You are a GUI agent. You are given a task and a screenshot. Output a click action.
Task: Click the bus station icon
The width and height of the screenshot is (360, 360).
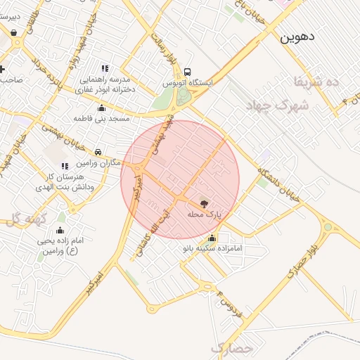pyautogui.click(x=188, y=72)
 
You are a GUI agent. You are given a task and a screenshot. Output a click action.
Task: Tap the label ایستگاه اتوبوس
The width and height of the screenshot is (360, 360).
pyautogui.click(x=188, y=83)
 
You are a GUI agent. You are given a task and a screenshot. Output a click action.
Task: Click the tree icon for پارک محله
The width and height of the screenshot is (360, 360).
pyautogui.click(x=204, y=203)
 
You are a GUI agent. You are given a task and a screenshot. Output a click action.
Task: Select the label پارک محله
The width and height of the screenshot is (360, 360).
pyautogui.click(x=204, y=213)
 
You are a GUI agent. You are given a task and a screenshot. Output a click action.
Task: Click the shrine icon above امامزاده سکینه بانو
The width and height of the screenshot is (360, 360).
pyautogui.click(x=212, y=238)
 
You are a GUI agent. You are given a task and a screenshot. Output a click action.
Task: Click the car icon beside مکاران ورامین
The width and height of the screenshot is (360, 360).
pyautogui.click(x=98, y=152)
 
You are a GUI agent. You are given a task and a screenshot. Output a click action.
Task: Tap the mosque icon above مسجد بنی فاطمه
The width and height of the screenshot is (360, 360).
pyautogui.click(x=102, y=108)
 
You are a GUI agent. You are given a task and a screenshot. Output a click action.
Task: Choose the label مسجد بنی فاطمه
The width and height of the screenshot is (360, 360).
pyautogui.click(x=102, y=119)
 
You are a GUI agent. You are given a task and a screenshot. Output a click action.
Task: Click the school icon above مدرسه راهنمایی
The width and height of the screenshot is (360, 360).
pyautogui.click(x=105, y=68)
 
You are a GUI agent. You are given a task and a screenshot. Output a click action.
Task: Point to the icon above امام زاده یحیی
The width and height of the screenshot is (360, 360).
pyautogui.click(x=60, y=231)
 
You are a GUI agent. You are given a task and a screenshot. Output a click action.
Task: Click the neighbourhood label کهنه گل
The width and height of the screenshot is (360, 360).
pyautogui.click(x=27, y=219)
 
